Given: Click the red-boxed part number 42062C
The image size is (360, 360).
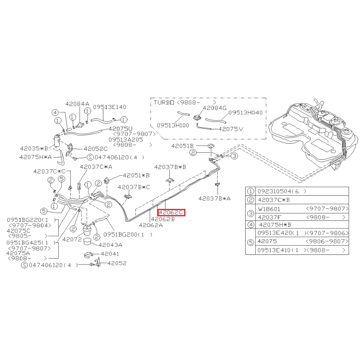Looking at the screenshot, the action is (x=171, y=213).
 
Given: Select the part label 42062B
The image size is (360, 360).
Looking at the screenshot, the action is (x=163, y=219).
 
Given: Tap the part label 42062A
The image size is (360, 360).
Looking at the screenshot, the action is (x=151, y=225).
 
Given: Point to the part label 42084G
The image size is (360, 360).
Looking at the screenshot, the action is (x=215, y=107).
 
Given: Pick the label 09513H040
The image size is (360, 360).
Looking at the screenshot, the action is (x=246, y=113).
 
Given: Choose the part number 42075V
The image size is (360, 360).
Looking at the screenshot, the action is (x=231, y=129).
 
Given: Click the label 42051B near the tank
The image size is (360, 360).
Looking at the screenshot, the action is (x=183, y=146).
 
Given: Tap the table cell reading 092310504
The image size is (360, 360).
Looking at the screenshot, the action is (x=278, y=191).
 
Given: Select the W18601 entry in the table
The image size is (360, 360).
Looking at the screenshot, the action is (x=269, y=209).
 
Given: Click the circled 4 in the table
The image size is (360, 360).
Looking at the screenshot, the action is (x=251, y=225).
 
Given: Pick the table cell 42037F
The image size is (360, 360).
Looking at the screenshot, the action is (x=270, y=217).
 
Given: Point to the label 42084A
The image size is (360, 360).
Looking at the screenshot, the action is (x=77, y=104).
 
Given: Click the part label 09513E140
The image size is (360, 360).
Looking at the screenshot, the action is (x=109, y=107).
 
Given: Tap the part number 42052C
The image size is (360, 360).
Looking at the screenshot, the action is (x=96, y=149).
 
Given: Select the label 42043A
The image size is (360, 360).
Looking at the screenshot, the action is (x=110, y=245).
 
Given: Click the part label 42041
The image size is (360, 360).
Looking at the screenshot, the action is (x=110, y=254).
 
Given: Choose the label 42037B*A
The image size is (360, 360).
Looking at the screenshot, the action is (x=215, y=199).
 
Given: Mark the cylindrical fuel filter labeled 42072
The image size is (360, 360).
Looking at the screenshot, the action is (x=87, y=230).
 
